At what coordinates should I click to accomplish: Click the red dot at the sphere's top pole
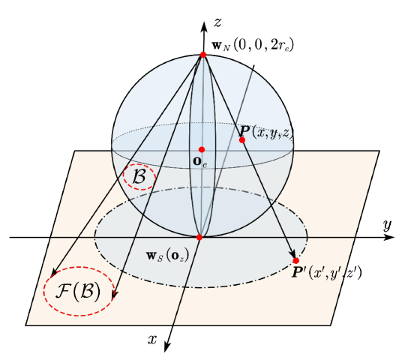tap(202, 54)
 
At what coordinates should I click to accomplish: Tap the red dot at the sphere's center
tap(202, 149)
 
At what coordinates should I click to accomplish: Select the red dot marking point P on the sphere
tap(241, 139)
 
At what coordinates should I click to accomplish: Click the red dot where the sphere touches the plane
tap(199, 237)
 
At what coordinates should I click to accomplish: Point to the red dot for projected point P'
tap(295, 260)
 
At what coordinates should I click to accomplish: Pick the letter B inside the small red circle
tap(139, 177)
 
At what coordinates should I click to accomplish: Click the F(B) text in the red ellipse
tap(79, 291)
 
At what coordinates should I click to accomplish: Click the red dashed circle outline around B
tap(155, 178)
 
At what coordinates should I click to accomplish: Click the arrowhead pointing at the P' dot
tap(292, 254)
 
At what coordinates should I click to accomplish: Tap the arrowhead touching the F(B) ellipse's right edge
tap(113, 298)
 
